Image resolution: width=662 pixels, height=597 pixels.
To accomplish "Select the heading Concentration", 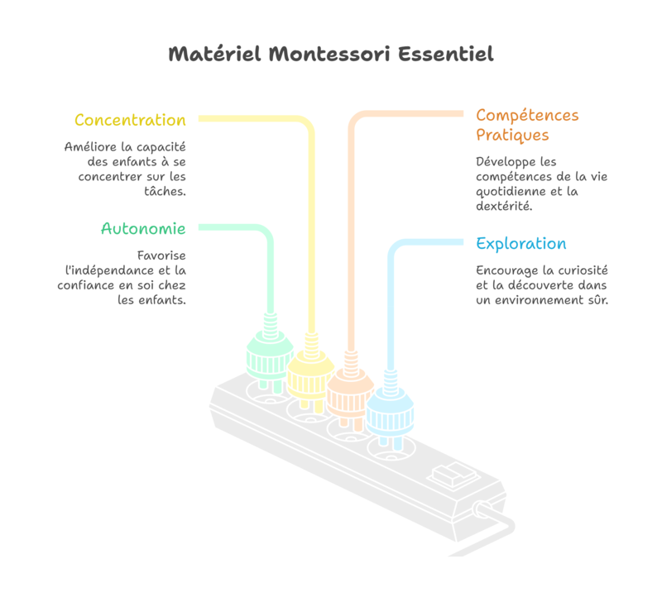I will pos(130,120).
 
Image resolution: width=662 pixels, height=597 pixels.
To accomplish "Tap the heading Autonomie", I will pos(143,228).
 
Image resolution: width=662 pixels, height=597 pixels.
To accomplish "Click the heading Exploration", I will pos(521,244).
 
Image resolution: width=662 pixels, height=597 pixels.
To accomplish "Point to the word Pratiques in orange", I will pos(512,135).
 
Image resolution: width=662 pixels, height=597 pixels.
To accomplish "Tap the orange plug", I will pos(350,392).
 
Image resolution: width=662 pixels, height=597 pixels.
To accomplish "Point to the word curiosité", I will pos(579,270).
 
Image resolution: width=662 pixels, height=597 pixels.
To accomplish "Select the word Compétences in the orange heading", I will pos(527,115).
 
